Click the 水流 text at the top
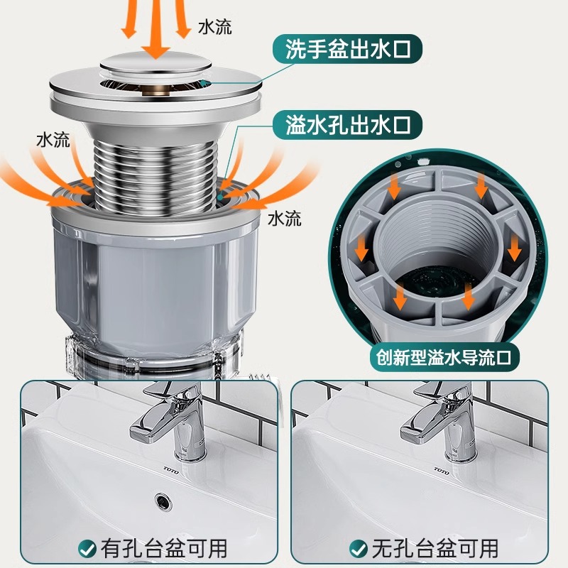[x=215, y=28]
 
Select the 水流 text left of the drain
[x=53, y=140]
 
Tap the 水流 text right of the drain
[x=285, y=218]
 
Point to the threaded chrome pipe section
[x=155, y=167]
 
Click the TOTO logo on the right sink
[x=442, y=469]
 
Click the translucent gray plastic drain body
[x=155, y=284]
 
